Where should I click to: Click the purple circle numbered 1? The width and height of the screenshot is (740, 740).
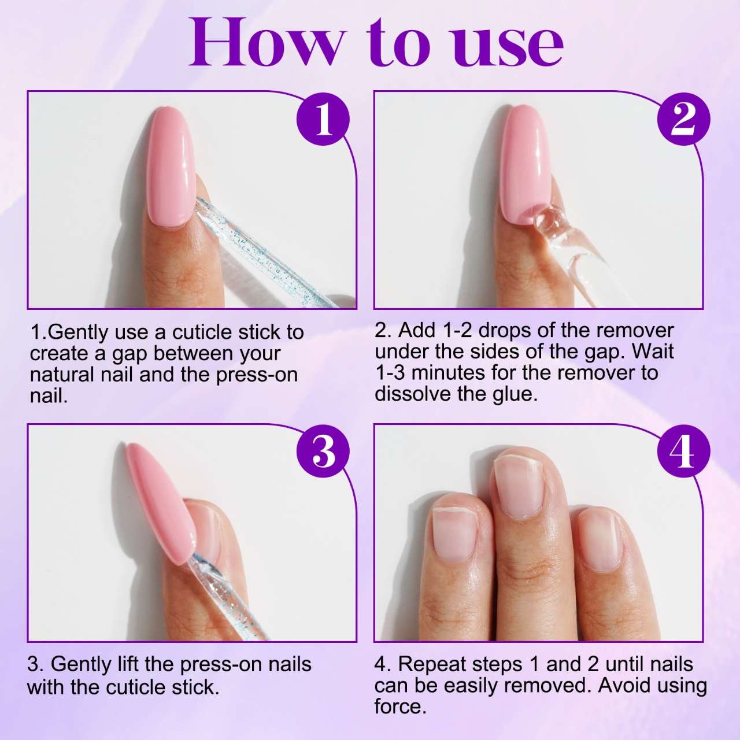[x=323, y=120]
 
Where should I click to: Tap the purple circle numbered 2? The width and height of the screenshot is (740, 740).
[x=683, y=120]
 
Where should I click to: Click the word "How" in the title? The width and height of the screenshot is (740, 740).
[x=265, y=43]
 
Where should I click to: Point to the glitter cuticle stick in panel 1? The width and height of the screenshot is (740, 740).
[x=265, y=253]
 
